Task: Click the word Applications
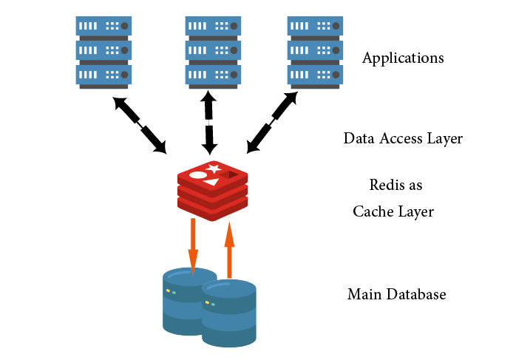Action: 403,58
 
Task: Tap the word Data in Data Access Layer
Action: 359,138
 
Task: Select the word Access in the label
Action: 403,138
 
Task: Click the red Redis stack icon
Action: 212,191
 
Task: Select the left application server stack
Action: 103,52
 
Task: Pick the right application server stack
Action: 313,52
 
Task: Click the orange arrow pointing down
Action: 193,244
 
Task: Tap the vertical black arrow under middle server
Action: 209,122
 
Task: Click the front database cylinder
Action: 229,314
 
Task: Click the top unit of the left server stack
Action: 103,26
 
